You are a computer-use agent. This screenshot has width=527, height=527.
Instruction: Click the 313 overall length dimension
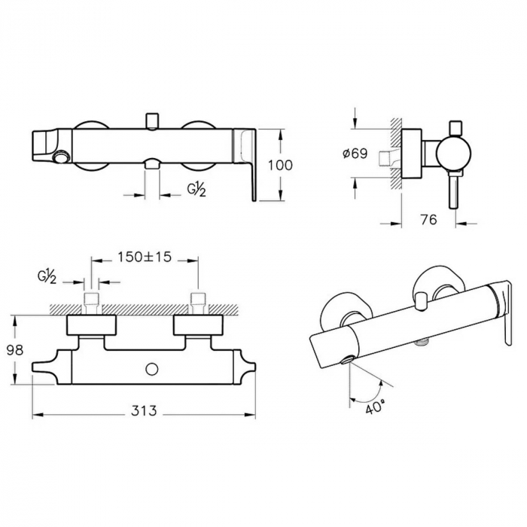click(x=144, y=410)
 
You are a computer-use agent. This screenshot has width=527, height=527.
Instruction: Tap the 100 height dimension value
click(x=280, y=166)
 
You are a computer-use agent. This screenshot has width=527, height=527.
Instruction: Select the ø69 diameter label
click(x=355, y=154)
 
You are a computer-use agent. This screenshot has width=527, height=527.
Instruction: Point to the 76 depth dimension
click(x=428, y=220)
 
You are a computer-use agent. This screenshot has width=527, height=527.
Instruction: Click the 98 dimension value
click(x=15, y=350)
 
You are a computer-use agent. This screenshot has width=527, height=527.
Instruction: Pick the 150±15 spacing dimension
click(x=145, y=257)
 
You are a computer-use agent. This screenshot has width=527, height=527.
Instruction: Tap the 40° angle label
click(x=374, y=408)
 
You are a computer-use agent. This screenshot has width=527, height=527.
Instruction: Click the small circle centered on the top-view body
click(x=152, y=370)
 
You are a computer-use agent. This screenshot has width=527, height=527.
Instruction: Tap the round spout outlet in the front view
click(x=61, y=157)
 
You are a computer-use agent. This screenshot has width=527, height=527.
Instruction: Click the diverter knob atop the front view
click(x=152, y=121)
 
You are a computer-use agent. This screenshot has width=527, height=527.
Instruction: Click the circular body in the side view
click(x=453, y=154)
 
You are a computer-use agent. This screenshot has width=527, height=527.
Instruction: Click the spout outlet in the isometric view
click(x=347, y=361)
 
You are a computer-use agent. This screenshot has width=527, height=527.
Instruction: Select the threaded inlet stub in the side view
click(x=386, y=159)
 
